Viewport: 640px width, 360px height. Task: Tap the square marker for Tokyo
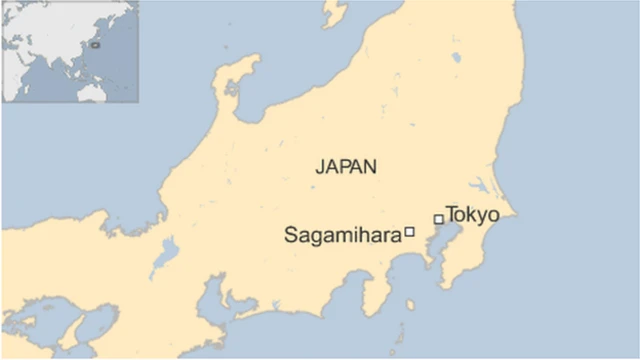click(438, 219)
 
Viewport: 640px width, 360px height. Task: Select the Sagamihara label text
click(342, 235)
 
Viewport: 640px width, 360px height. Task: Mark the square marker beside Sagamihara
click(409, 232)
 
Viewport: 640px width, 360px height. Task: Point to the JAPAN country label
click(346, 167)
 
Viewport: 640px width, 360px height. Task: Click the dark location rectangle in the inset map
click(96, 44)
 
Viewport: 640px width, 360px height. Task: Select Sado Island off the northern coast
click(333, 12)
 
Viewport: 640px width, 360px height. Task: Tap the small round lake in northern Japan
click(457, 57)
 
